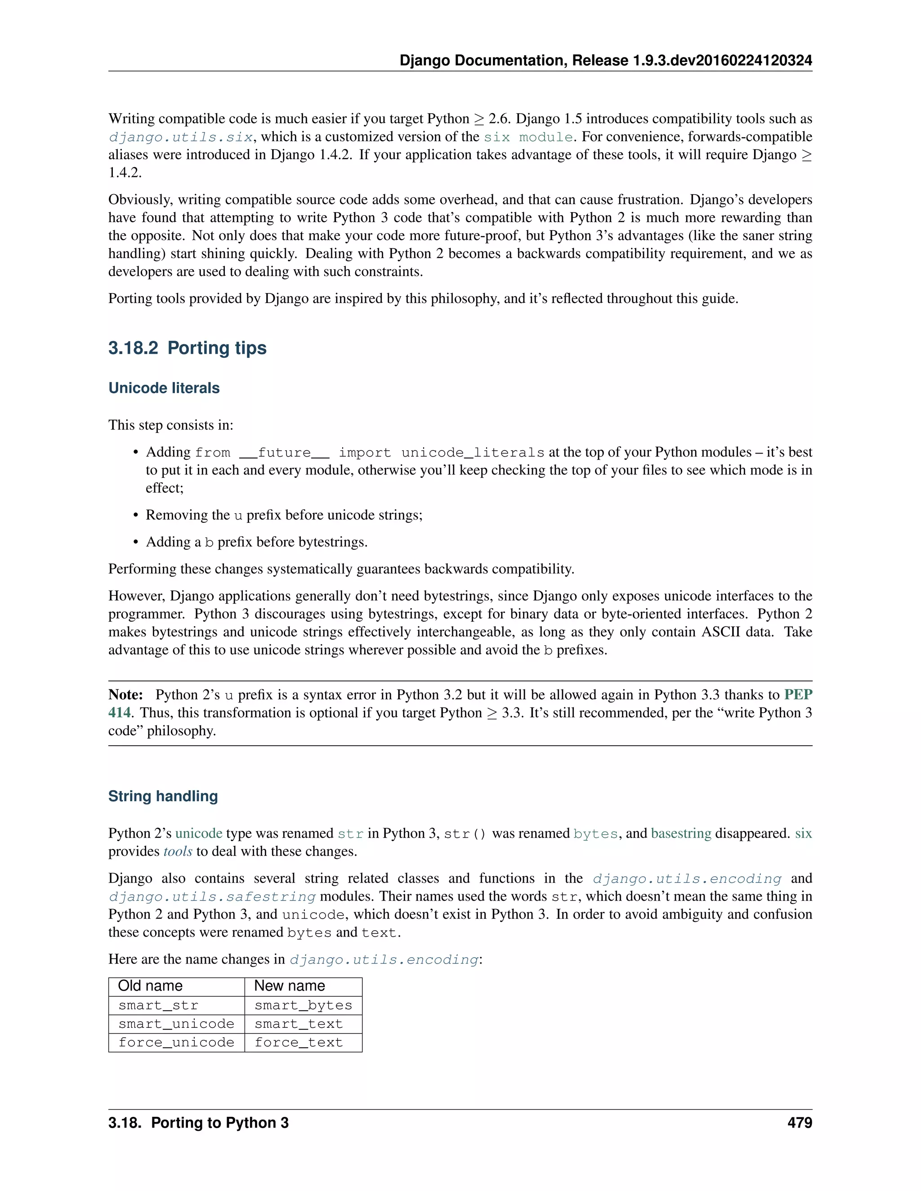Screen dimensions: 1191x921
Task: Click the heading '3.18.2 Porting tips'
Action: click(187, 348)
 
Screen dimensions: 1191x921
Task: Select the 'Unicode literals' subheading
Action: click(164, 388)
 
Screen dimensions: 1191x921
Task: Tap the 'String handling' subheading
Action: click(163, 796)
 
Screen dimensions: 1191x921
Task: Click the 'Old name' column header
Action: click(150, 986)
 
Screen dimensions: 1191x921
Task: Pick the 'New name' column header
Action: click(289, 986)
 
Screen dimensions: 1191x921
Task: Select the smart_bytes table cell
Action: click(303, 1005)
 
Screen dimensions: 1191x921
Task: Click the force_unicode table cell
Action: click(176, 1042)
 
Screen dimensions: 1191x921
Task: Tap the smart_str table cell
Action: click(158, 1005)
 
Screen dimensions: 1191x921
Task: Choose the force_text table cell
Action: click(299, 1042)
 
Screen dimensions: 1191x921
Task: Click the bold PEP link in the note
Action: click(798, 695)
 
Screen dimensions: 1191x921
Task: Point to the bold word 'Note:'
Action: click(125, 695)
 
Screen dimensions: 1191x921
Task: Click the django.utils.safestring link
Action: click(212, 897)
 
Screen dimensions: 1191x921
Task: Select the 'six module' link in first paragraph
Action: click(528, 137)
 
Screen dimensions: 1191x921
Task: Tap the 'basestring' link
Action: click(681, 833)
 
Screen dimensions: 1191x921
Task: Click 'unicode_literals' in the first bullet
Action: click(473, 453)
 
